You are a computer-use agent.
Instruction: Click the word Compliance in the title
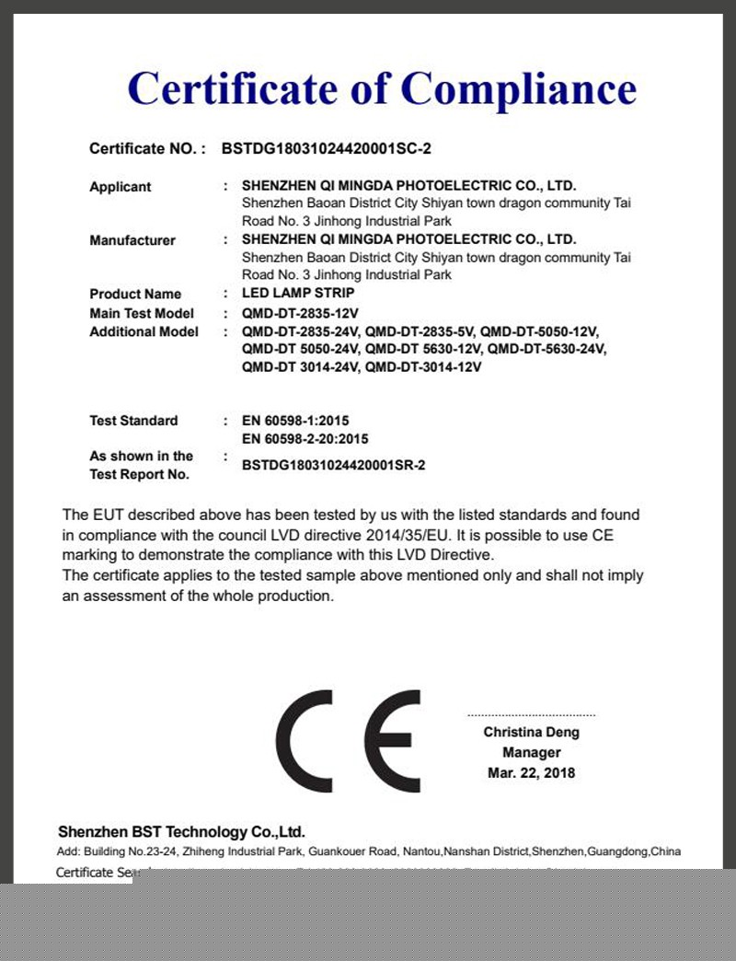(x=519, y=90)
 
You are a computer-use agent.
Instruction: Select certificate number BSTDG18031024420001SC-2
(x=327, y=147)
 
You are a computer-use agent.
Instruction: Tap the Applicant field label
(x=120, y=187)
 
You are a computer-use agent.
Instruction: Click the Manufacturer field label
(x=132, y=240)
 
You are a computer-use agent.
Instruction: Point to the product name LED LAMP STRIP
(x=297, y=294)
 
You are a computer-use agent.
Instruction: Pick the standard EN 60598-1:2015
(x=295, y=421)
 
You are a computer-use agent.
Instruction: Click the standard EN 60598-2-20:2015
(x=305, y=439)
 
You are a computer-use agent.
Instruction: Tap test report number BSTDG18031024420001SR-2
(x=333, y=466)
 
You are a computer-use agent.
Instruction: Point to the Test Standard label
(x=133, y=421)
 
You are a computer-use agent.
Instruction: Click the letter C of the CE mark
(x=313, y=741)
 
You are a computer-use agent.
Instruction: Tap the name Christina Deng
(x=531, y=733)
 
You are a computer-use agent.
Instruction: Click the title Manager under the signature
(x=531, y=753)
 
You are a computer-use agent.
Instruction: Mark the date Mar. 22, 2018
(x=531, y=773)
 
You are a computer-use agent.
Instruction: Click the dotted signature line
(x=531, y=715)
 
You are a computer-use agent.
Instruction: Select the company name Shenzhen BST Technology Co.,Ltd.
(x=181, y=832)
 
